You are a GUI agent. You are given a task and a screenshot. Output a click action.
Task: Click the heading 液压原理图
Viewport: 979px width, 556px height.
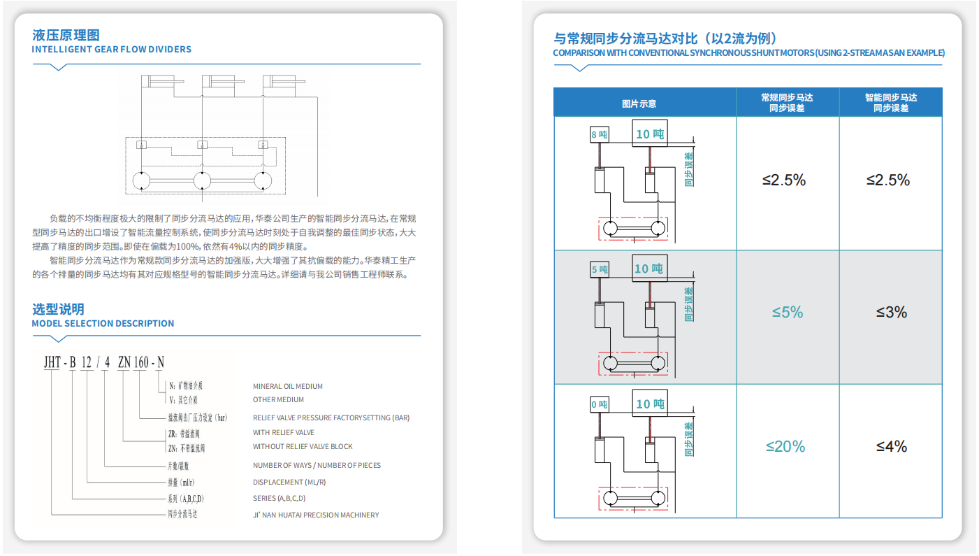[x=66, y=35]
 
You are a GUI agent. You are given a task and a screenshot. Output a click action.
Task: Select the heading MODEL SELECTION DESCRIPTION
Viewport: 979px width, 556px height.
[x=103, y=324]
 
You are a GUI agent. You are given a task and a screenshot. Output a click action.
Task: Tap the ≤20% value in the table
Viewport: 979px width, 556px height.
[x=785, y=446]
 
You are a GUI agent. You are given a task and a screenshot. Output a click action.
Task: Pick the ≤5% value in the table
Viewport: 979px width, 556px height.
[x=788, y=312]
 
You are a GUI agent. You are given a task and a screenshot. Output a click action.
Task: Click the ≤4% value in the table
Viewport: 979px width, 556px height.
[x=892, y=446]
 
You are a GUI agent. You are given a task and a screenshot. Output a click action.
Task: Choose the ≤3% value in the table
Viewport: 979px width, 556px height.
[x=892, y=312]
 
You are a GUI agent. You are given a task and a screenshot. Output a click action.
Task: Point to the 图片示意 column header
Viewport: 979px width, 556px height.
[x=639, y=104]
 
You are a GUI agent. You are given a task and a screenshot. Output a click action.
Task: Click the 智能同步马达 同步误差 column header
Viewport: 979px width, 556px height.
[x=891, y=103]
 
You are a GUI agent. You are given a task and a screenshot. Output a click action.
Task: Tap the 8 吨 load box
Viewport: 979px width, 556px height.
[x=600, y=134]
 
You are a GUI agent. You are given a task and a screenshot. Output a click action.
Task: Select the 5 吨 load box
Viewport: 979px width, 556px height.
[x=600, y=269]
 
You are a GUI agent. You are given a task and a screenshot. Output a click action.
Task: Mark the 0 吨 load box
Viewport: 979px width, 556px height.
[x=600, y=404]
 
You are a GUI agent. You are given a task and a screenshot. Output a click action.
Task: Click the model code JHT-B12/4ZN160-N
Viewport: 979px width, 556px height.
[x=104, y=362]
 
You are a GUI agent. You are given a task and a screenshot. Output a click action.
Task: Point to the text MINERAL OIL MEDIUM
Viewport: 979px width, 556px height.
[x=288, y=386]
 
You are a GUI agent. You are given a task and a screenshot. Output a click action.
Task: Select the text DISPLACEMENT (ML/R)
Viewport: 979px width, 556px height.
[x=289, y=482]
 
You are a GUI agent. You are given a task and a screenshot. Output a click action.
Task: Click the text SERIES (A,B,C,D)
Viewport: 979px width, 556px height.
[x=279, y=499]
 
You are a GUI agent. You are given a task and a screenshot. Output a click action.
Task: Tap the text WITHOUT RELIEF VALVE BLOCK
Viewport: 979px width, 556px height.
[x=303, y=446]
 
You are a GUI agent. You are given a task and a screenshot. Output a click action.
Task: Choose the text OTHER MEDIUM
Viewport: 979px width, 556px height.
[x=278, y=400]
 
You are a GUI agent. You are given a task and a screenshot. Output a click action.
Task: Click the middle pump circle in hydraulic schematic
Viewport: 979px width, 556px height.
[x=202, y=180]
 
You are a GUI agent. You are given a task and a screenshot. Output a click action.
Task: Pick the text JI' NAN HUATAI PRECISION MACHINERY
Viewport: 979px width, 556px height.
[x=316, y=515]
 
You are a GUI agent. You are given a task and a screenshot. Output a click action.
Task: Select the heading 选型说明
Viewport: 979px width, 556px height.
[x=58, y=309]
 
